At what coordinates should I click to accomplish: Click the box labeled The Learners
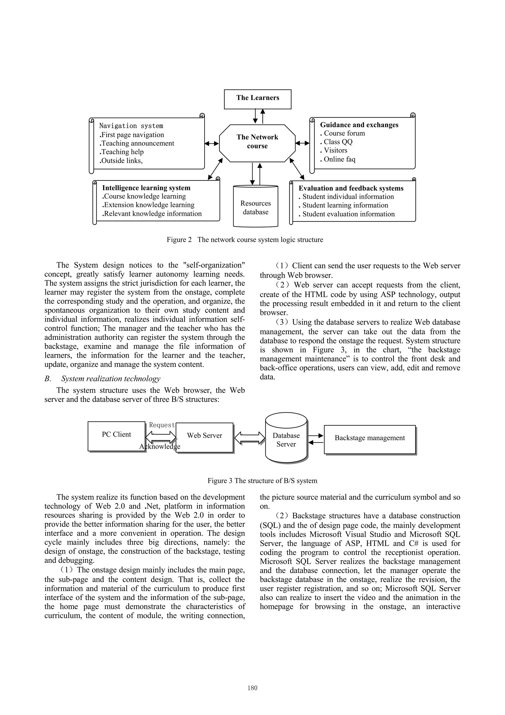(257, 99)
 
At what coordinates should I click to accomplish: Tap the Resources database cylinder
(255, 207)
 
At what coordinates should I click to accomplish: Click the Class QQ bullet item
(338, 142)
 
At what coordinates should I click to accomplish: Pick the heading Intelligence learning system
(146, 188)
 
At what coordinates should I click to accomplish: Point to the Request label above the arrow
(162, 425)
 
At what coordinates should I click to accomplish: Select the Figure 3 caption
(262, 481)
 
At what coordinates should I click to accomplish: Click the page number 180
(252, 688)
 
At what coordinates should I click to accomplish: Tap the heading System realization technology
(110, 379)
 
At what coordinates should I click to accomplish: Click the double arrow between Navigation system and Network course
(212, 144)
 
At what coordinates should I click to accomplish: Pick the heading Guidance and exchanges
(359, 125)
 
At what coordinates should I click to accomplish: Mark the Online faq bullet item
(339, 159)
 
